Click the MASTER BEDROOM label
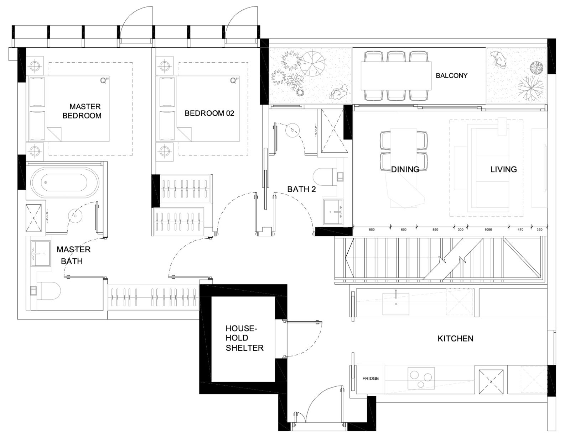tap(82, 111)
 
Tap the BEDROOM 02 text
tap(209, 113)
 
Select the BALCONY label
tap(451, 76)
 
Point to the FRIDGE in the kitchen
tap(370, 379)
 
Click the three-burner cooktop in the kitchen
tap(421, 378)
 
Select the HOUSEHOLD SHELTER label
tap(244, 338)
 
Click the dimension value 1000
tap(488, 230)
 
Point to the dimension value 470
tap(520, 230)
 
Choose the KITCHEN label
tap(455, 339)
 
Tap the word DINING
tap(405, 169)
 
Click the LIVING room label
tap(504, 169)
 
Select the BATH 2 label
tap(301, 189)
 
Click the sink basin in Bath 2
tap(333, 212)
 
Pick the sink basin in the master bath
tap(41, 254)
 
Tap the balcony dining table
tap(396, 76)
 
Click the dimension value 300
tap(461, 230)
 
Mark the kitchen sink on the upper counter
tap(395, 304)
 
